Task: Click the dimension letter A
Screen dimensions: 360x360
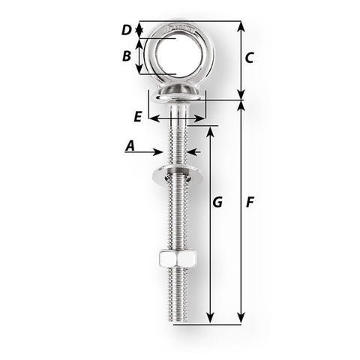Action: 130,148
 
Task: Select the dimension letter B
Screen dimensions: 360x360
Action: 127,56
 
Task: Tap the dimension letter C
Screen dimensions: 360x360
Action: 250,57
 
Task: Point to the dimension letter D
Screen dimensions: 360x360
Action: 127,30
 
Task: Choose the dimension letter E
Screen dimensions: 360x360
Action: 136,117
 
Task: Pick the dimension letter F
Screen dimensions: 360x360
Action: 250,202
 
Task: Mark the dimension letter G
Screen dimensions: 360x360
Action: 218,202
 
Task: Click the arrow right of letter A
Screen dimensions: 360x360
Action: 160,150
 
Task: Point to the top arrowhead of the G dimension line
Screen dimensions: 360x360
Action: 211,130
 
